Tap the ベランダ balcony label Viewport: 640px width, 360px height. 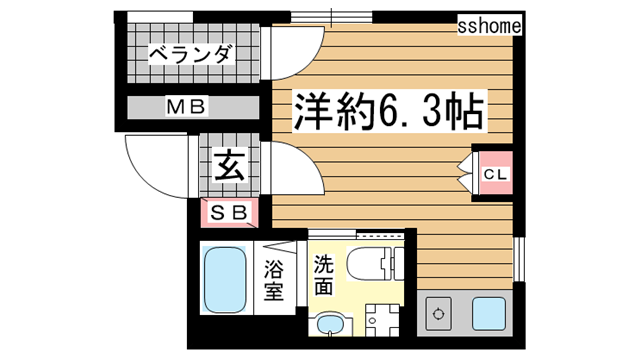(x=191, y=54)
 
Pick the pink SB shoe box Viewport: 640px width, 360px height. (x=229, y=211)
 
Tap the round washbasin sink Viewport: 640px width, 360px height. (x=327, y=326)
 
